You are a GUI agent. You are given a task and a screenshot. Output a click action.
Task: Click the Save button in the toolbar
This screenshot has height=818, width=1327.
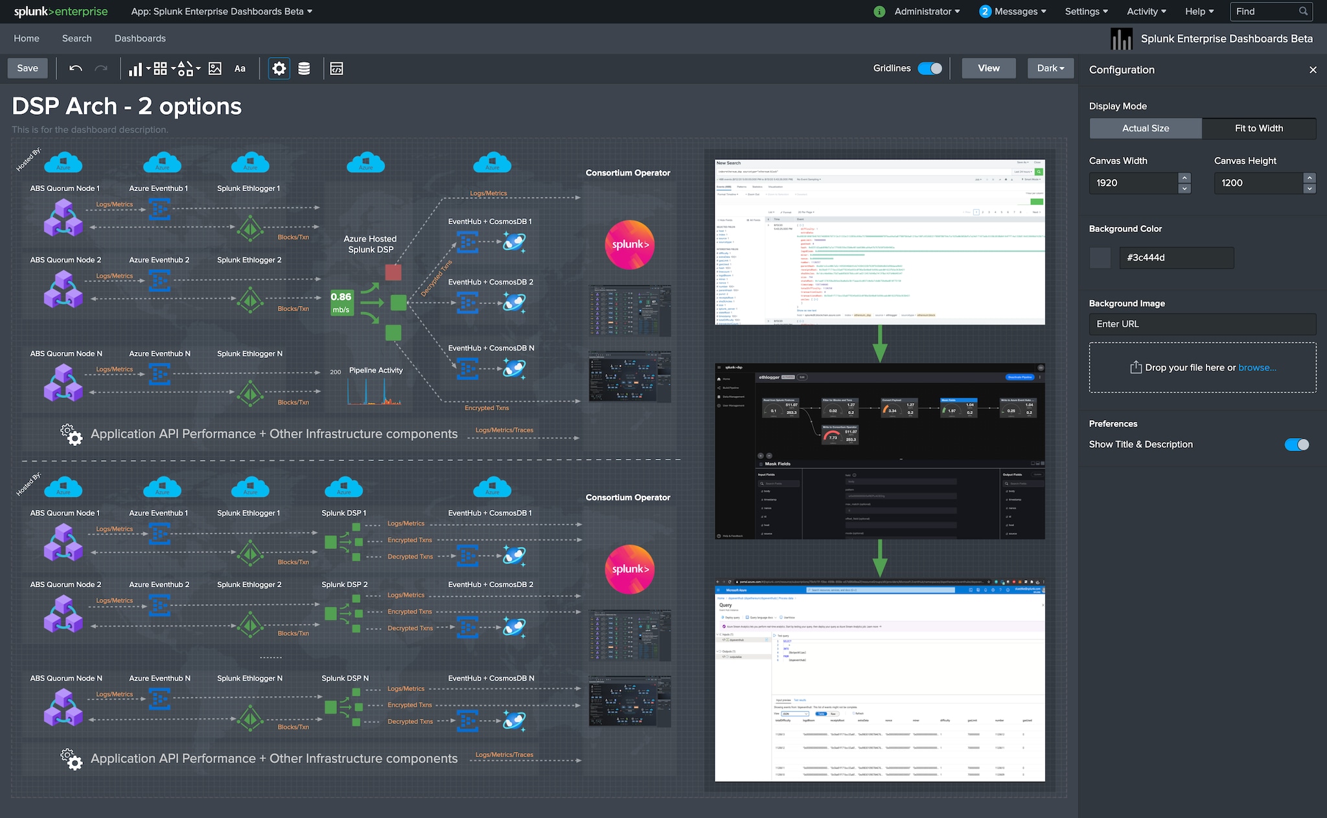pos(27,68)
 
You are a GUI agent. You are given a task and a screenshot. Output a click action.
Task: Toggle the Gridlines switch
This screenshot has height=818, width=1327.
pos(930,68)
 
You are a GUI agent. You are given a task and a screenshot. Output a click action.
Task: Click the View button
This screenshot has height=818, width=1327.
pos(988,68)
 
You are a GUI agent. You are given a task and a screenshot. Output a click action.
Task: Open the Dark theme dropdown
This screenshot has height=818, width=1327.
pos(1050,68)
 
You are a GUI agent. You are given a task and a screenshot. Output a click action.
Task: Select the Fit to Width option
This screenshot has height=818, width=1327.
pos(1258,128)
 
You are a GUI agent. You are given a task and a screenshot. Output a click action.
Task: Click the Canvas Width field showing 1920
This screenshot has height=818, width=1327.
pos(1133,183)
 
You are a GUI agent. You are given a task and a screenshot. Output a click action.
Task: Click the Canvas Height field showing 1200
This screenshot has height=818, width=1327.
pos(1257,183)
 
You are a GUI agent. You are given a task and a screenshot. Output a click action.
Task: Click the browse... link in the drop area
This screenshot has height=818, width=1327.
pos(1257,368)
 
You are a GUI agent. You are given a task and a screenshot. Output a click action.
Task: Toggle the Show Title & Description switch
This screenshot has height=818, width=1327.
pos(1297,444)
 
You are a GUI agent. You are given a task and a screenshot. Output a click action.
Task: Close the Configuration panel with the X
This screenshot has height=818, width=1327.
pos(1313,70)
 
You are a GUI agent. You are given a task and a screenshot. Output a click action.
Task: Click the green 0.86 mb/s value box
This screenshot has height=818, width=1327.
pos(341,302)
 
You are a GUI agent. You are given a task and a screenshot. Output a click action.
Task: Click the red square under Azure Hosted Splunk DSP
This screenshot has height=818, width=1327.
pos(393,272)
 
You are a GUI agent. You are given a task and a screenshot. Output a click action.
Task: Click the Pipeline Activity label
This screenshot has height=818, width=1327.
pos(376,370)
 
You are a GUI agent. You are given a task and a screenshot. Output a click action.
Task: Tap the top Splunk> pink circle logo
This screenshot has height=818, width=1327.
pos(629,244)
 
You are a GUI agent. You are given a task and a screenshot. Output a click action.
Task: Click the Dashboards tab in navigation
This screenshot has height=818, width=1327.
pos(140,38)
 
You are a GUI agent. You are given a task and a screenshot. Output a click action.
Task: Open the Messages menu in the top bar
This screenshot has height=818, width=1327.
pos(1013,12)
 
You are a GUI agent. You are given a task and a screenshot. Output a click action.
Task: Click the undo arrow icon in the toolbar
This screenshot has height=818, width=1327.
pos(76,68)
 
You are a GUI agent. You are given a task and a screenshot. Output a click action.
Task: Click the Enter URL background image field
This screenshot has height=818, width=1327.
pos(1202,324)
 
